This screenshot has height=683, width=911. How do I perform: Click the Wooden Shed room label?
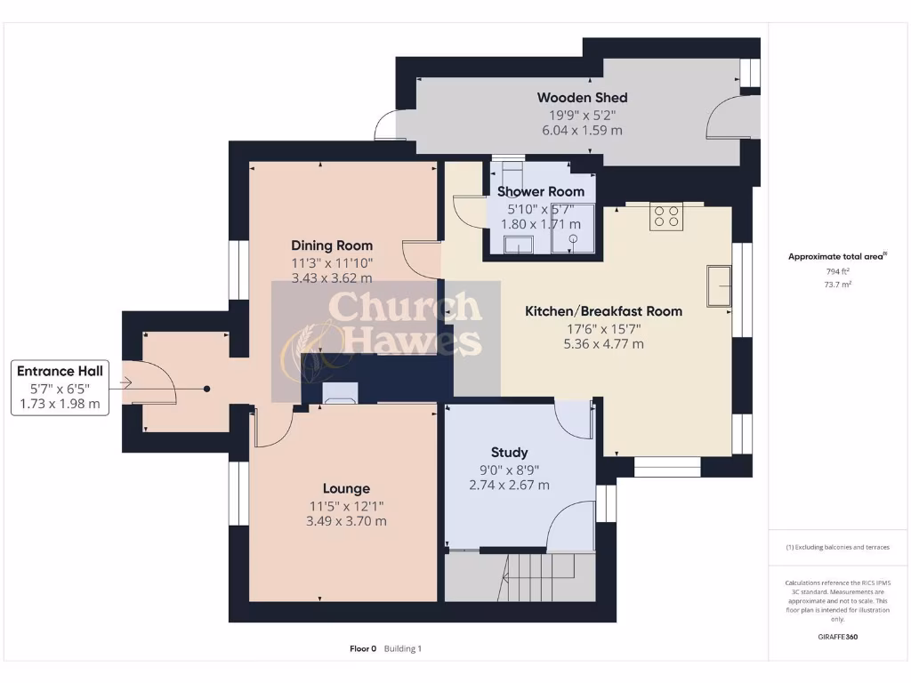pos(582,98)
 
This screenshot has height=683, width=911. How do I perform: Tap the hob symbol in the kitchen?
pos(665,216)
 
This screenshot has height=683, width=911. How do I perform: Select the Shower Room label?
pos(541,191)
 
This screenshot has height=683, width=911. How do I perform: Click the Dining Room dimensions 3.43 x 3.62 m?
pos(332,278)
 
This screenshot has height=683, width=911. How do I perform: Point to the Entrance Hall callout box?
pos(60,387)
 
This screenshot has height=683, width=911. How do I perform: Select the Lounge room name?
pos(346,488)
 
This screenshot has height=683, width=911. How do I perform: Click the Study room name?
pos(509,452)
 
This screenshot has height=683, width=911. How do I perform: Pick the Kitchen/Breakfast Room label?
pos(603,311)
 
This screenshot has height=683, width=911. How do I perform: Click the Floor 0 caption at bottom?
pos(363,648)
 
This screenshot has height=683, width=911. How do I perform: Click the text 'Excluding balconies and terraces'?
pos(839,547)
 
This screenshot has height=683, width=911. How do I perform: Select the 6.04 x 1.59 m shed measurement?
pos(582,130)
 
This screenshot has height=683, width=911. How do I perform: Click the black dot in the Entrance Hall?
pos(206,389)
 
